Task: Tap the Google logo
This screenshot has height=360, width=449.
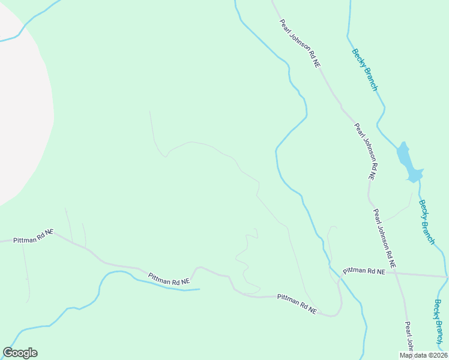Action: click(x=20, y=352)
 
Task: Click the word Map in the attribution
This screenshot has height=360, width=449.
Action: click(x=406, y=355)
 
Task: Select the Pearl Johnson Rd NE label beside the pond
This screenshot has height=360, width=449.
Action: click(x=364, y=152)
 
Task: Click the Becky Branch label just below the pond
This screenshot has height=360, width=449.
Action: click(x=427, y=221)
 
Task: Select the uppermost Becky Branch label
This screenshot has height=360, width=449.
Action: click(x=365, y=70)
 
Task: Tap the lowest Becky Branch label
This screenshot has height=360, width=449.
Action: click(x=438, y=322)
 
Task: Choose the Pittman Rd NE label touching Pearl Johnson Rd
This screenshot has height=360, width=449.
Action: click(x=364, y=271)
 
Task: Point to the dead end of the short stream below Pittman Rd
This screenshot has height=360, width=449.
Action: click(x=198, y=289)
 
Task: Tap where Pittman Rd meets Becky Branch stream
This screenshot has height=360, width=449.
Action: click(x=445, y=277)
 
